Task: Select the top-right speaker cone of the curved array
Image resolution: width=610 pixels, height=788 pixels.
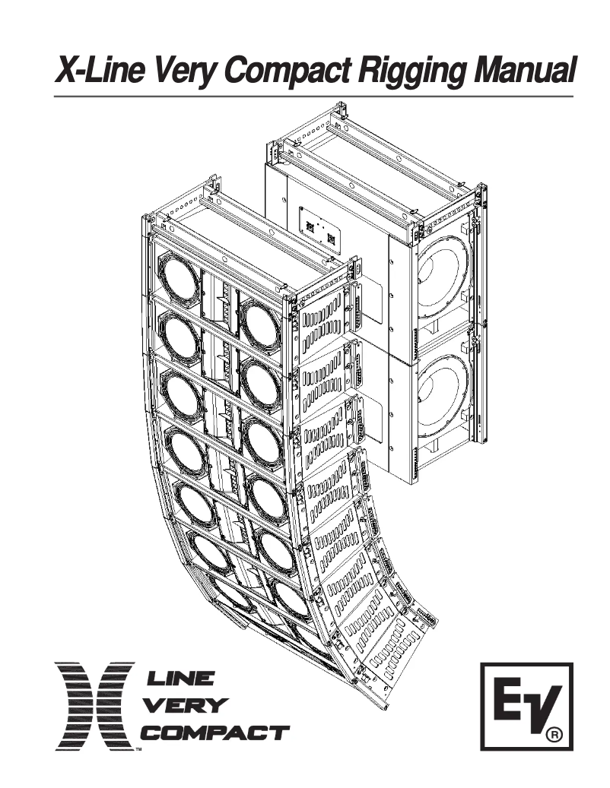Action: coord(259,324)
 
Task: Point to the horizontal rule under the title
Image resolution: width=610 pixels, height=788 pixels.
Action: coord(313,97)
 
